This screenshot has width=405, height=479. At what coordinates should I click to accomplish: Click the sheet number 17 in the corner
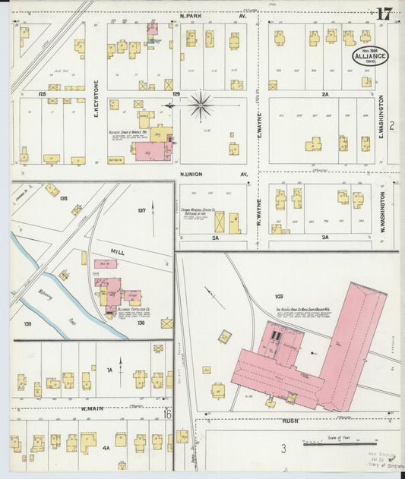(x=384, y=14)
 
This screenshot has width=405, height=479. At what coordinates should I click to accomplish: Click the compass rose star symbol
(x=201, y=106)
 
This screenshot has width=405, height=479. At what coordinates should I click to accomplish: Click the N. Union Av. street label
(x=214, y=175)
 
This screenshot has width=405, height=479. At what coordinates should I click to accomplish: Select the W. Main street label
(x=91, y=408)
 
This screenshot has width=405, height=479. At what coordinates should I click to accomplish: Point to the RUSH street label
(x=292, y=420)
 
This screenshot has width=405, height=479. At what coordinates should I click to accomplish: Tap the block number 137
(x=141, y=210)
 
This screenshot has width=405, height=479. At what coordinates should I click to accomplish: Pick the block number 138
(x=63, y=198)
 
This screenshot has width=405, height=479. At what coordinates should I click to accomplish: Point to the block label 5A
(x=216, y=238)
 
